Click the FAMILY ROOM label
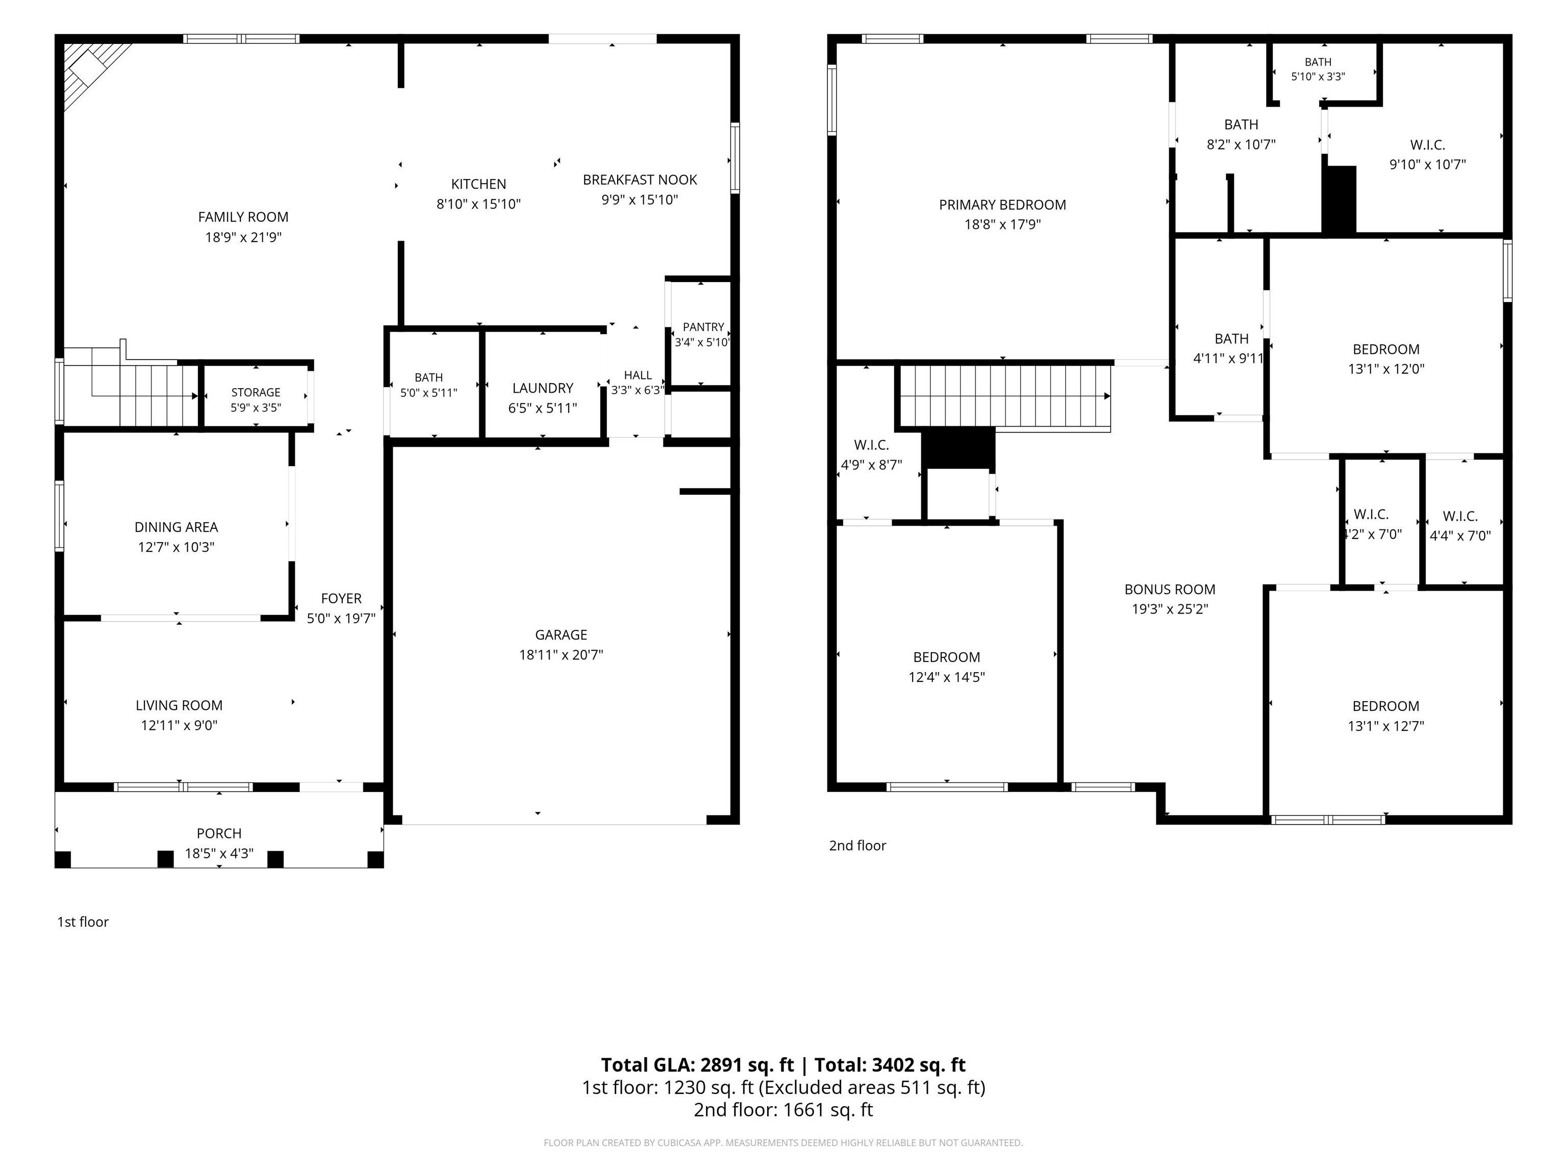point(243,217)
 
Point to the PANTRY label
point(703,327)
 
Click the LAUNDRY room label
point(543,388)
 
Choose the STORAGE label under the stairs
point(256,392)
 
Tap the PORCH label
point(219,834)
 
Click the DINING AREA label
point(176,527)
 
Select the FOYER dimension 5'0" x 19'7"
point(341,618)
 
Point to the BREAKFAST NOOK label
point(640,180)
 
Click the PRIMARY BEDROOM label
point(1002,205)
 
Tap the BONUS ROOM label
point(1170,589)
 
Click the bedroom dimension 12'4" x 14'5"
point(946,677)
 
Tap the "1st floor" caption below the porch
point(83,922)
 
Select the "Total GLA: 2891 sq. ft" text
point(698,1065)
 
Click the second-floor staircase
point(1004,397)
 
